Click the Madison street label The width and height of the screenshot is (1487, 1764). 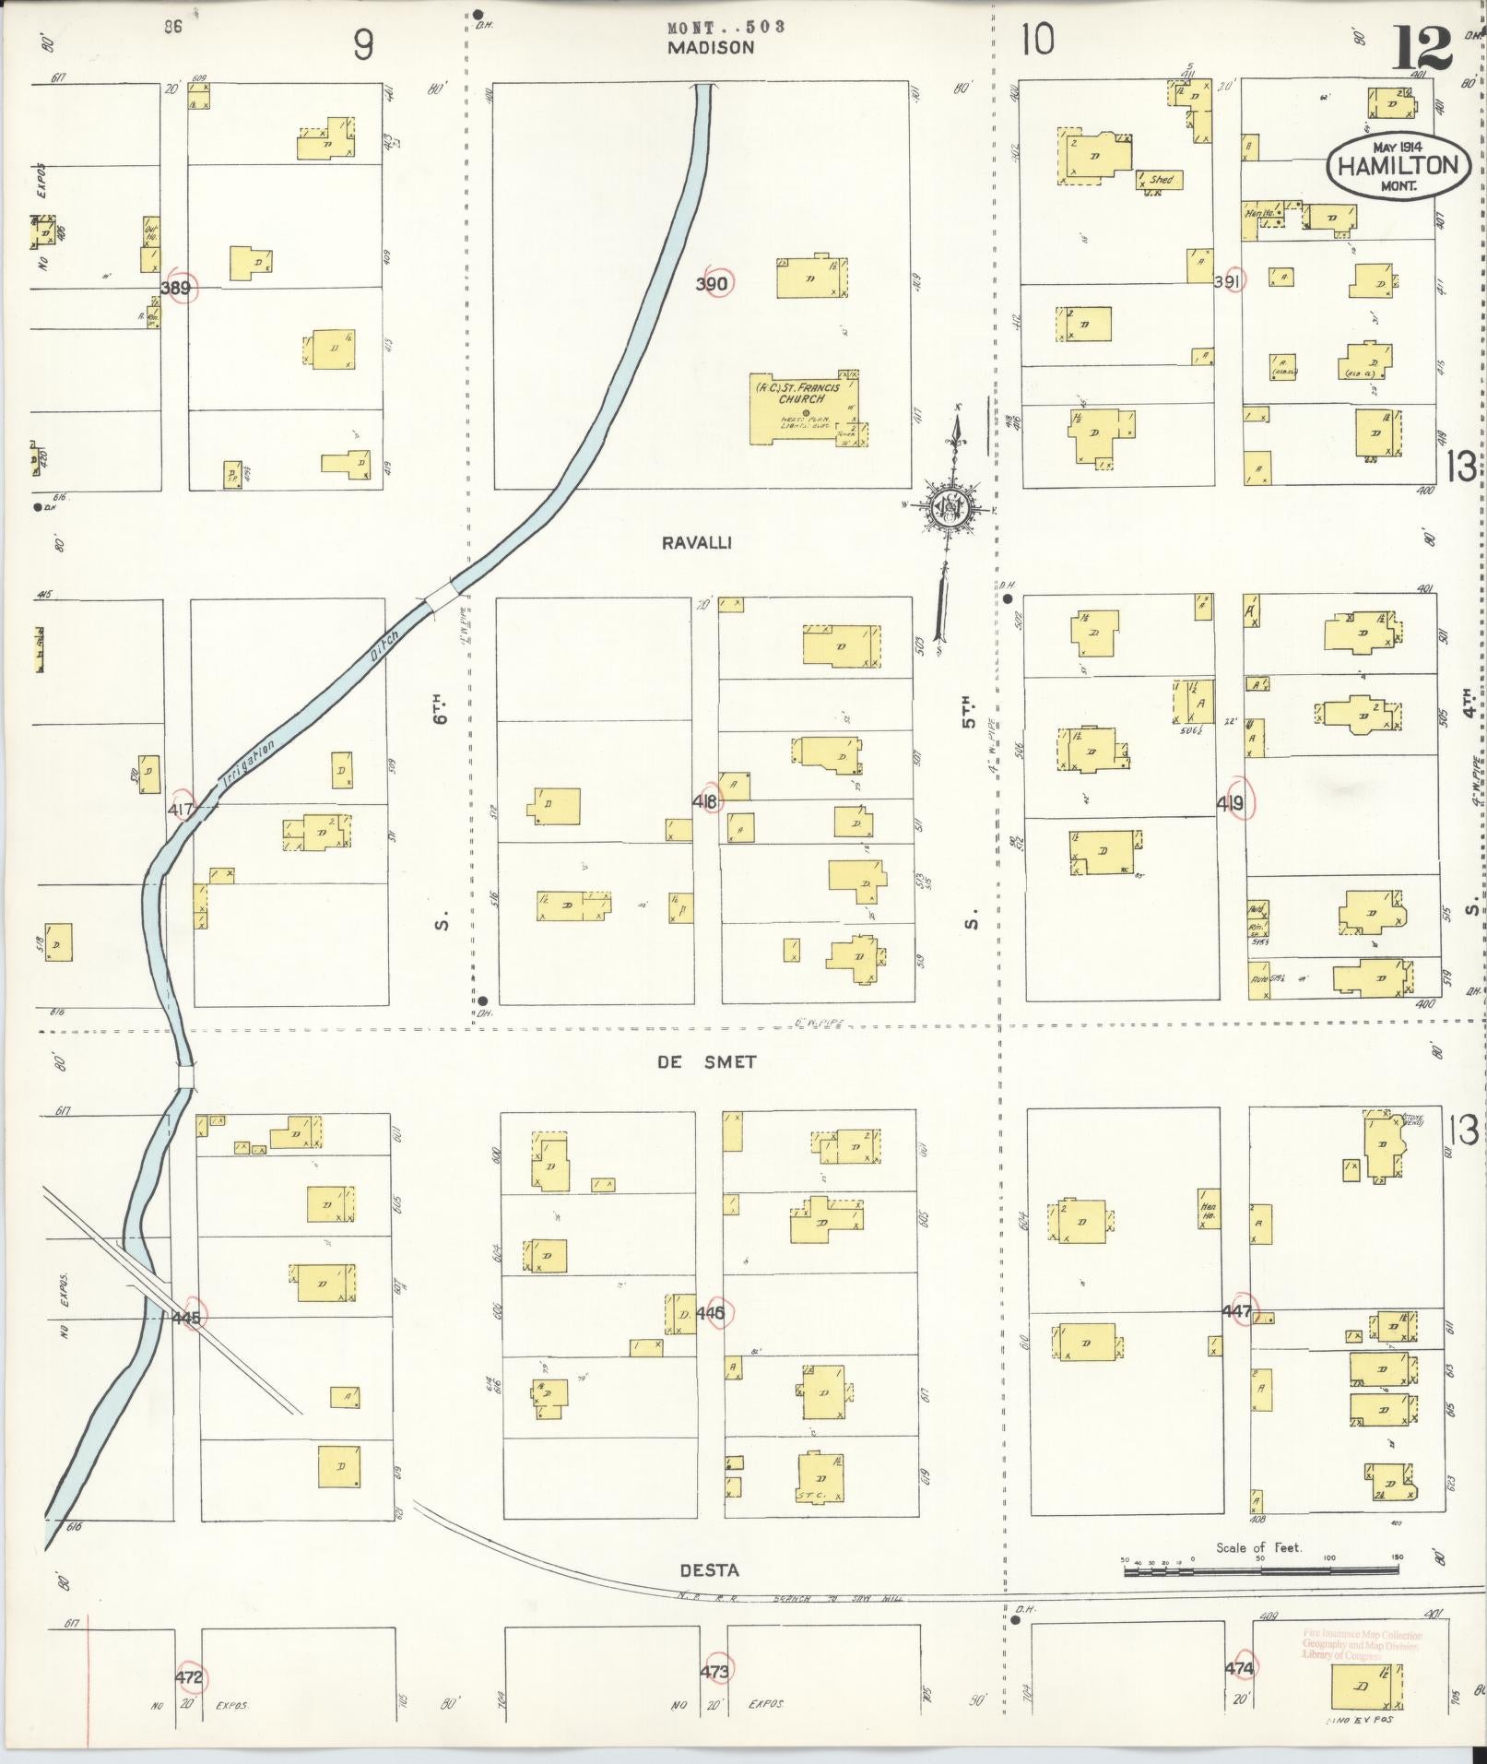pos(712,48)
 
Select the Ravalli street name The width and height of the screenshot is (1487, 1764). pos(697,543)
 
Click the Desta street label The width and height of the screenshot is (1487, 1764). pos(709,1570)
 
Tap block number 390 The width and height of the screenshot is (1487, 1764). pos(712,284)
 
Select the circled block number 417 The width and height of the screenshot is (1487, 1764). pos(181,810)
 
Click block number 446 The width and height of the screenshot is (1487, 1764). pos(712,1312)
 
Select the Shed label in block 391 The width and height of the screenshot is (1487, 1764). pos(1161,180)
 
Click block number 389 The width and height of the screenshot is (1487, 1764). pos(175,289)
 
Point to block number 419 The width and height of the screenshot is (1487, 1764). pos(1230,804)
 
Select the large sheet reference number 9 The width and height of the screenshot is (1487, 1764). pos(363,44)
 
